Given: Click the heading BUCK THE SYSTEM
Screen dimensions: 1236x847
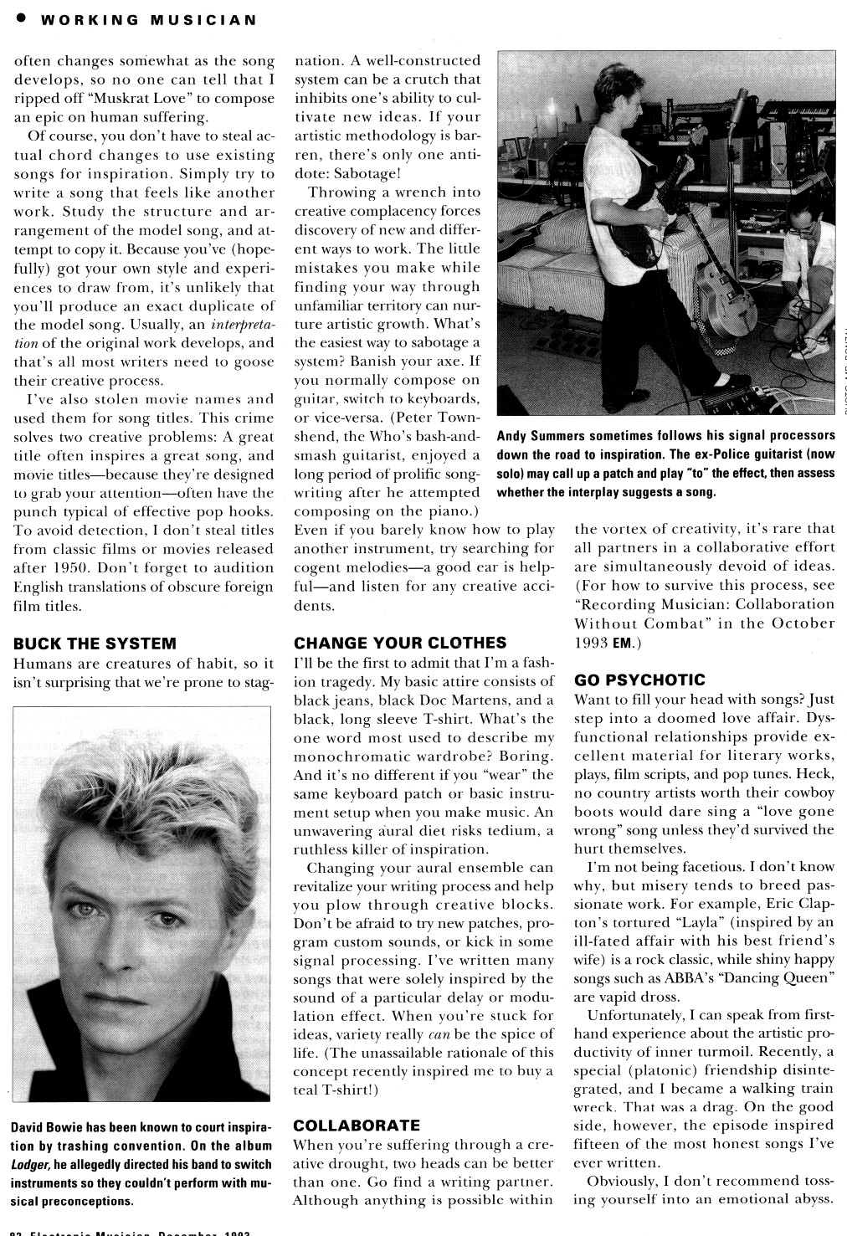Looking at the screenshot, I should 95,643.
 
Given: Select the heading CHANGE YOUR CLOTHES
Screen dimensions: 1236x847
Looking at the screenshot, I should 401,643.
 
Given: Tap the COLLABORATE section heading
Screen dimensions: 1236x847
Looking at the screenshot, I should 357,1126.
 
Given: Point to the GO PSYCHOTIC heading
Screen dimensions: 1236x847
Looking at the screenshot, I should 639,680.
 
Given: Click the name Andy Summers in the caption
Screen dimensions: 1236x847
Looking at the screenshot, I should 541,436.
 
